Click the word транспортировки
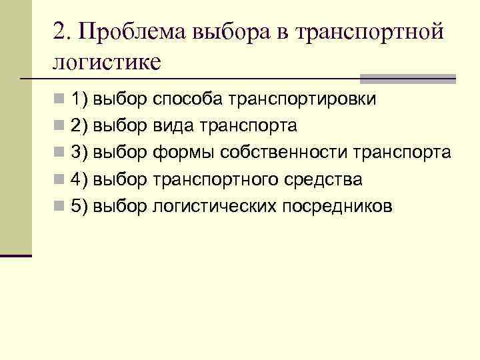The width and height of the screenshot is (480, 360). pyautogui.click(x=302, y=100)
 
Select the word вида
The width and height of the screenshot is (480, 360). pyautogui.click(x=170, y=127)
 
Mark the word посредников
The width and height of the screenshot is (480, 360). pyautogui.click(x=338, y=207)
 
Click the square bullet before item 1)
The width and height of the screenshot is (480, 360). pyautogui.click(x=59, y=101)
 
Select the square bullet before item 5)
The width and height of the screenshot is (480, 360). pyautogui.click(x=59, y=207)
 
